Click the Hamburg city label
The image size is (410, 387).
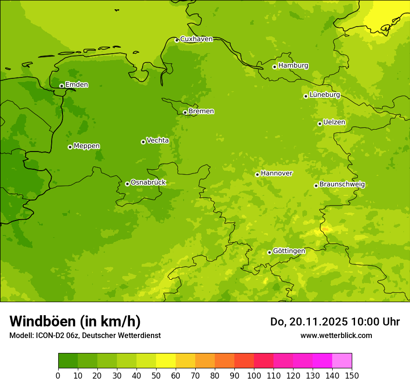point(293,66)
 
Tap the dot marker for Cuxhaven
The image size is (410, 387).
point(177,40)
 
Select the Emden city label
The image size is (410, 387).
point(76,85)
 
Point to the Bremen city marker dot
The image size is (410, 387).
point(185,112)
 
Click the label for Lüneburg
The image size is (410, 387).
point(324,95)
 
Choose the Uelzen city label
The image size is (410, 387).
point(334,122)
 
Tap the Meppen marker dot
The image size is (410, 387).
point(70,147)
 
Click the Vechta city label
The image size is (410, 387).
point(157,140)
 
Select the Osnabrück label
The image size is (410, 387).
point(148,182)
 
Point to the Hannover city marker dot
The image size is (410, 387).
point(257,174)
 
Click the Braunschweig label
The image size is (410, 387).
point(342,185)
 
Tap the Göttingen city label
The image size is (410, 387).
point(289,251)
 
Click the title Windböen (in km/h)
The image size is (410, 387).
point(75,321)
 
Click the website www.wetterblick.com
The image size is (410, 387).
point(336,335)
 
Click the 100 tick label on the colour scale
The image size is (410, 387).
point(254,375)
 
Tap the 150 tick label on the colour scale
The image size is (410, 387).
point(352,375)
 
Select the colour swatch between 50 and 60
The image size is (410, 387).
point(166,361)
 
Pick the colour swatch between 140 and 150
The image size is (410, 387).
point(342,361)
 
